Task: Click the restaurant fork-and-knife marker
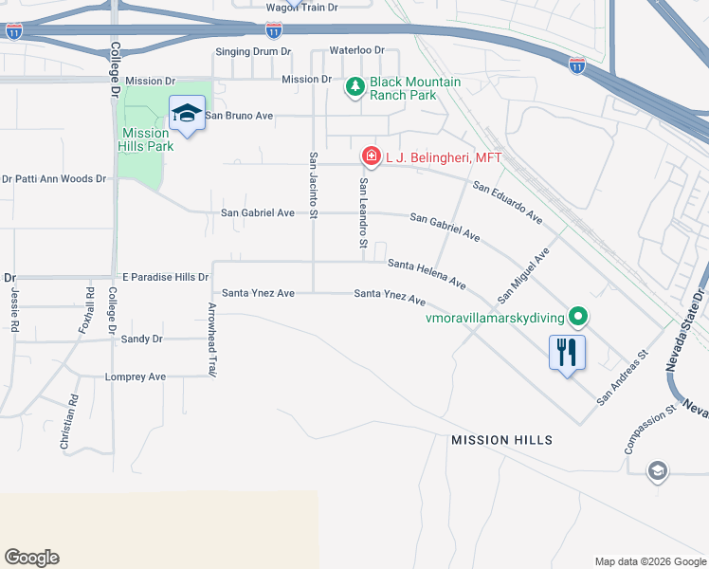click(567, 353)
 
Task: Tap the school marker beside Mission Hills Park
click(187, 115)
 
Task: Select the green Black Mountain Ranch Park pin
click(355, 88)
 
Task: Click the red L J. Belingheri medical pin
click(371, 156)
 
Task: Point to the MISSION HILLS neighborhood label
click(501, 440)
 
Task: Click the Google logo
click(31, 558)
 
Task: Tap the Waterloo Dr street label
click(356, 50)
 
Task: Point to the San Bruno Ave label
click(239, 116)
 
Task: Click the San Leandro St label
click(363, 213)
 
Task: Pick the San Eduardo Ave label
click(508, 202)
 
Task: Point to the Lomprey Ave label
click(135, 376)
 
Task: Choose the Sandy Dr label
click(142, 339)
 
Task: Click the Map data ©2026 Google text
click(649, 561)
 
